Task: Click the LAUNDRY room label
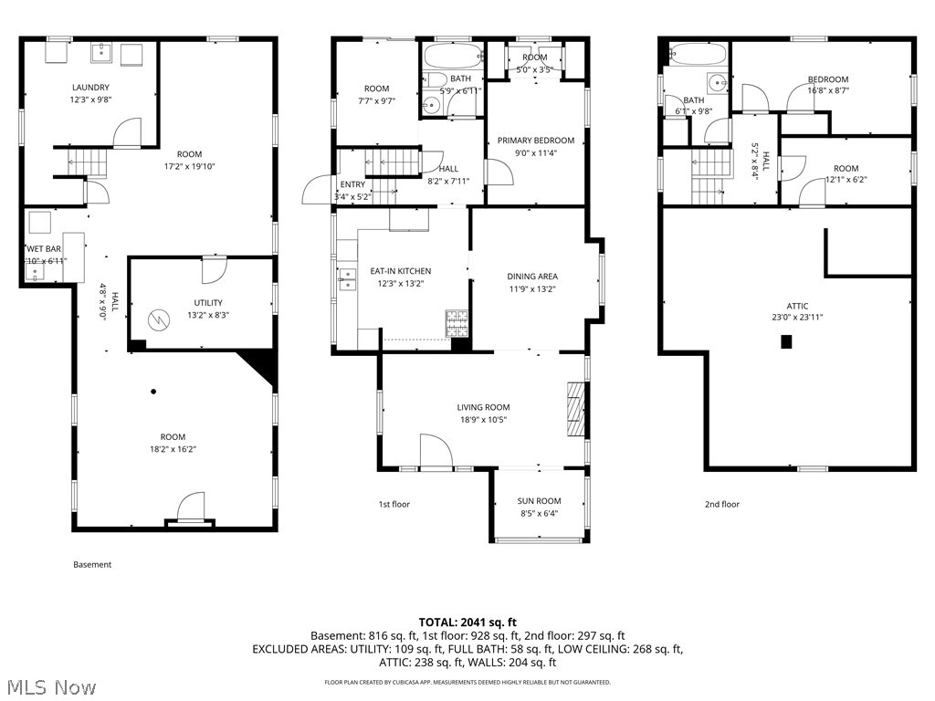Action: pyautogui.click(x=91, y=88)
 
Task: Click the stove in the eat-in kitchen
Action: pyautogui.click(x=456, y=322)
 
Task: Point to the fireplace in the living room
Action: pyautogui.click(x=574, y=411)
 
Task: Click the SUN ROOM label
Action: pyautogui.click(x=539, y=500)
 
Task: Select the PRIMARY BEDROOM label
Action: pyautogui.click(x=536, y=141)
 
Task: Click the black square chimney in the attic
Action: pyautogui.click(x=785, y=342)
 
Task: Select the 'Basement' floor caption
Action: pyautogui.click(x=92, y=564)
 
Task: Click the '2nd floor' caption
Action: pyautogui.click(x=721, y=504)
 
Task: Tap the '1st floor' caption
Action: pyautogui.click(x=394, y=504)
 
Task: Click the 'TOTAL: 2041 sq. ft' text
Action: pyautogui.click(x=467, y=621)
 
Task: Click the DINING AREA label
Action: pyautogui.click(x=532, y=277)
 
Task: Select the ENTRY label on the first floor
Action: pyautogui.click(x=352, y=184)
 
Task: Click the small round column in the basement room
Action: pyautogui.click(x=153, y=392)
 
